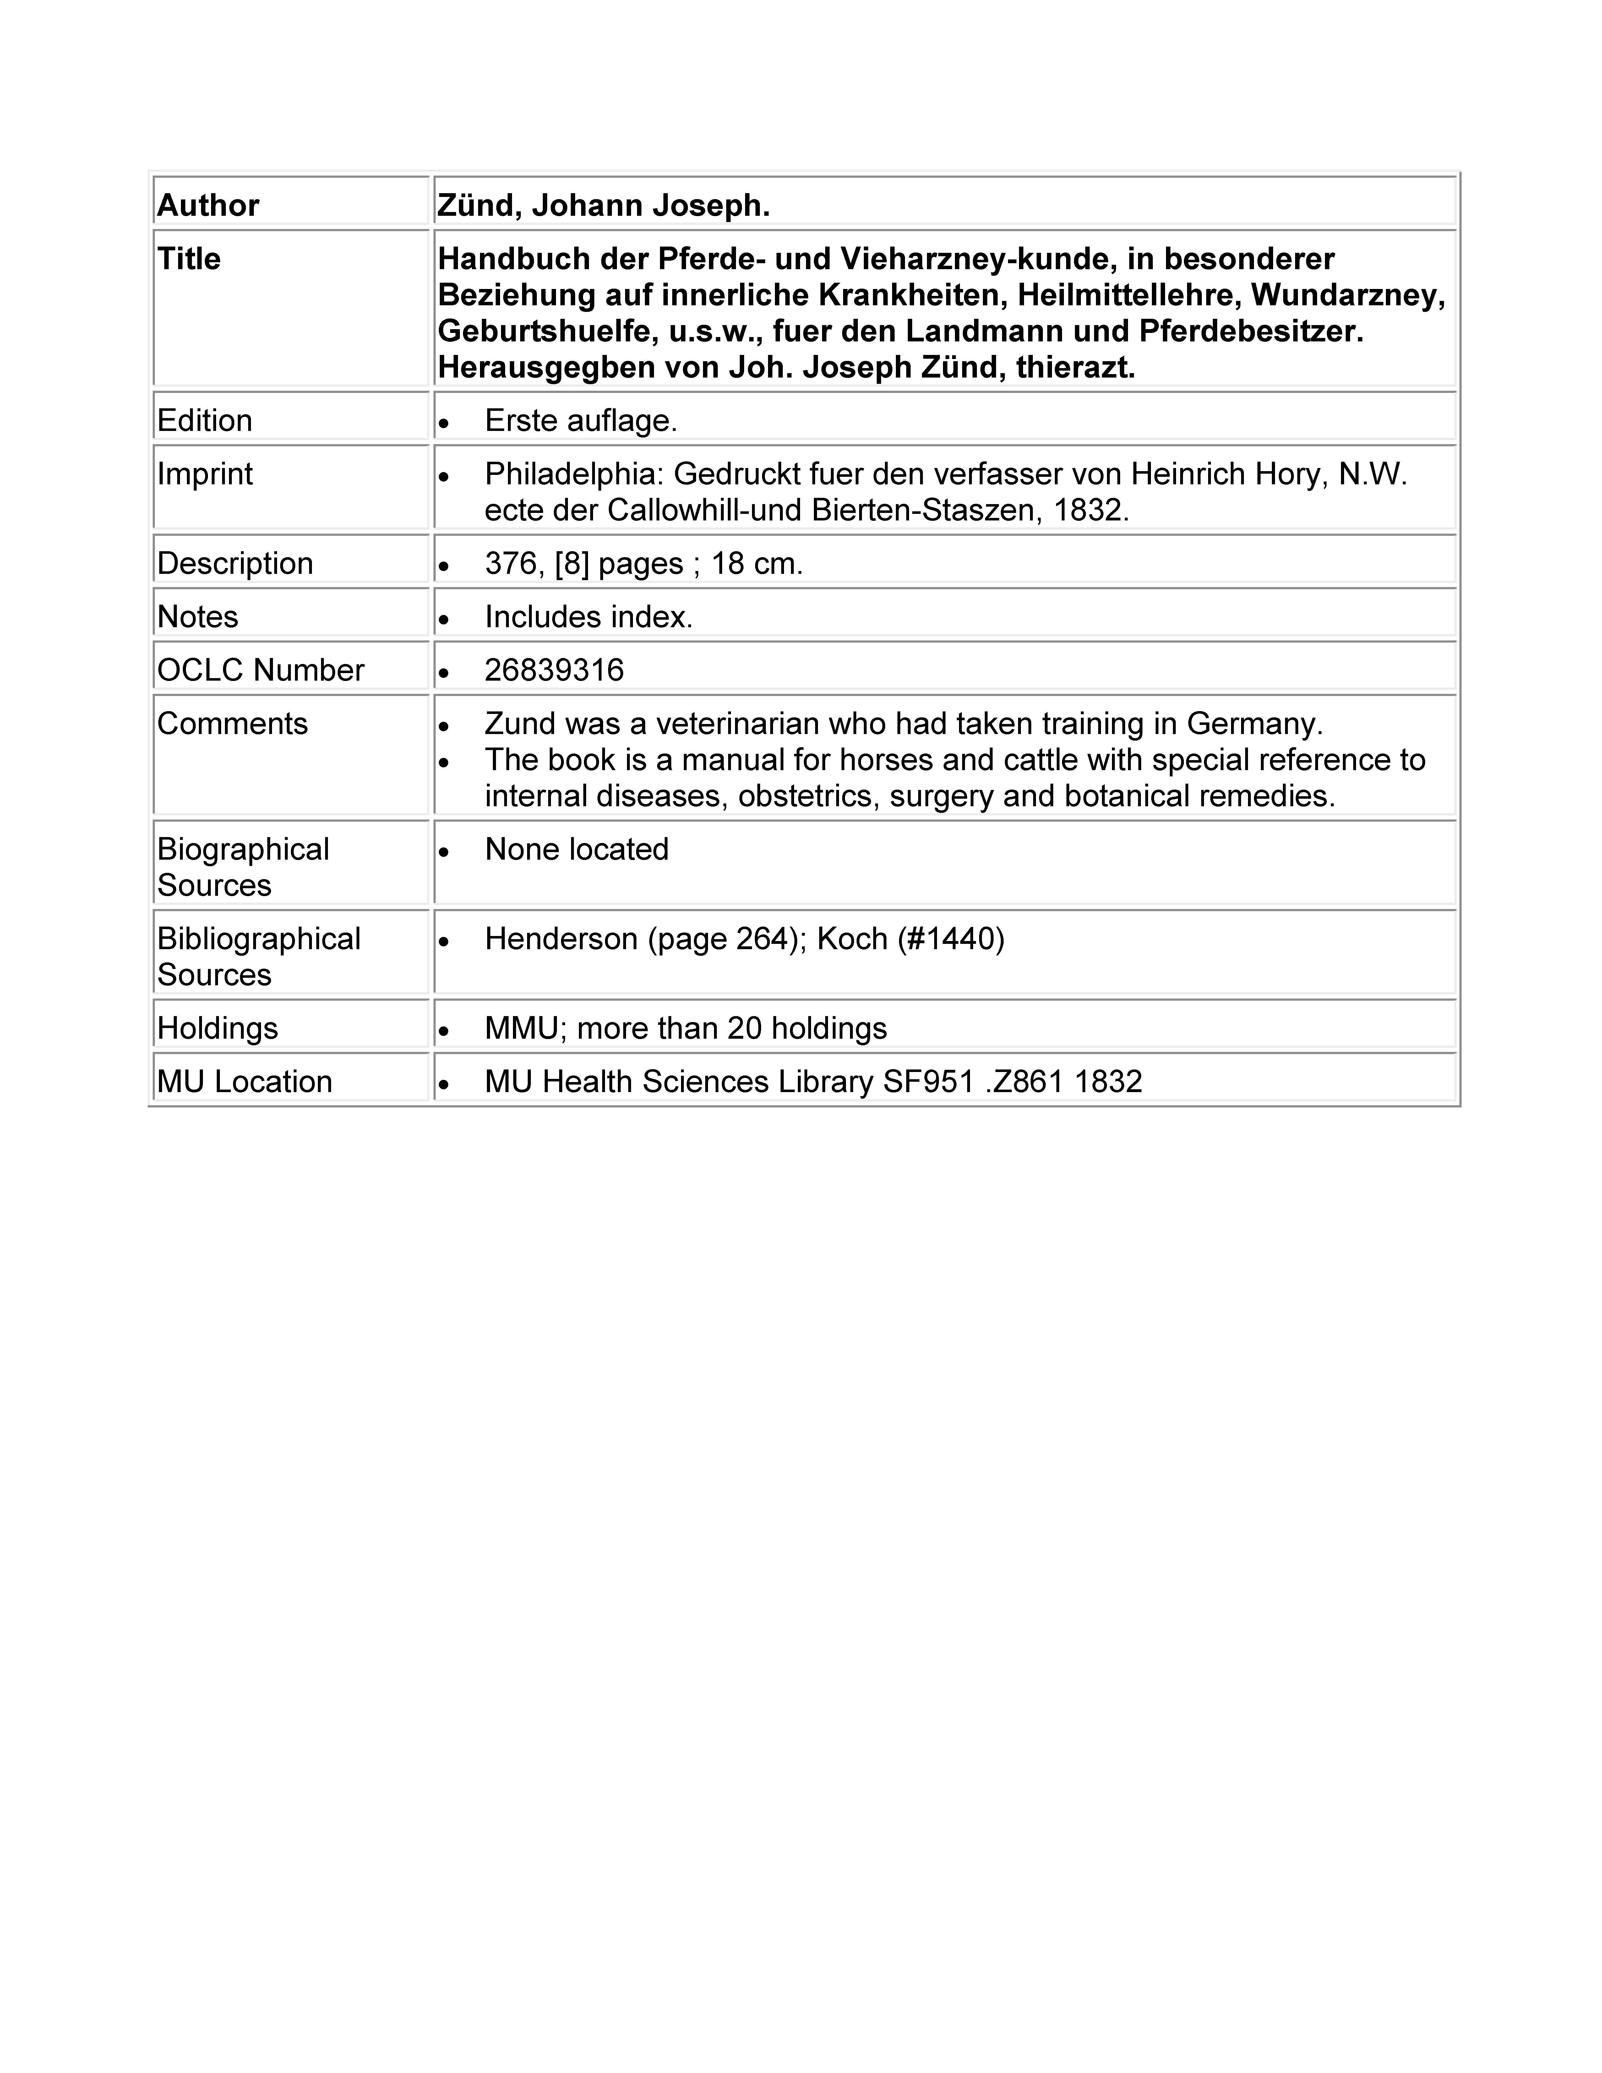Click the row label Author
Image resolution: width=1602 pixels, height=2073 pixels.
pyautogui.click(x=208, y=205)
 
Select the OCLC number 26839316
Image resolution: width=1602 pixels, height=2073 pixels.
pyautogui.click(x=554, y=670)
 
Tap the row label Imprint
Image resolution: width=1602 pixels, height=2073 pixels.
pyautogui.click(x=205, y=474)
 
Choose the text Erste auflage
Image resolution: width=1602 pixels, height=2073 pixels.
pyautogui.click(x=581, y=421)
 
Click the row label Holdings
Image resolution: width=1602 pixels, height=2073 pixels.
pyautogui.click(x=217, y=1028)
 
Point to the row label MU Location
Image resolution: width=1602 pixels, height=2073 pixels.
pyautogui.click(x=245, y=1081)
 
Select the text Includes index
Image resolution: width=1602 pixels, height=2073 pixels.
pyautogui.click(x=588, y=617)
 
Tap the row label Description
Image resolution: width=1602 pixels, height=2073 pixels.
pyautogui.click(x=234, y=563)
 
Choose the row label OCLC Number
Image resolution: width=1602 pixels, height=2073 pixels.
pyautogui.click(x=260, y=670)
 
